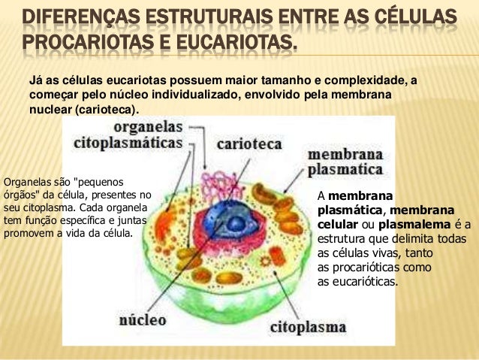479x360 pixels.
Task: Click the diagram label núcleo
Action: point(143,320)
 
